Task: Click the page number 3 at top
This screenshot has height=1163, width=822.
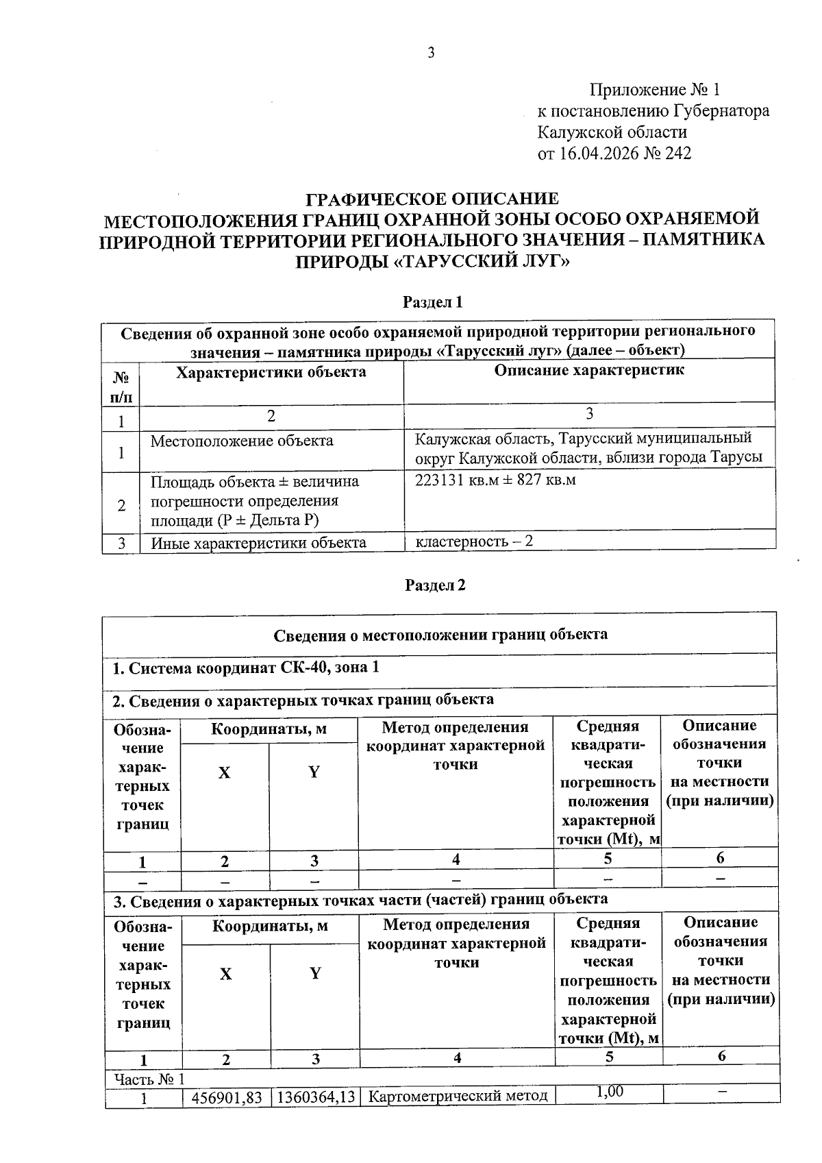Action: [x=430, y=53]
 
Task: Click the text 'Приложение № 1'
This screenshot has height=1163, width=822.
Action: [x=654, y=90]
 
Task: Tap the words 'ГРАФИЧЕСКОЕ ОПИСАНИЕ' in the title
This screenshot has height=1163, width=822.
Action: [x=432, y=199]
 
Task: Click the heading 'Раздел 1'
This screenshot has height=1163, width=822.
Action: [x=433, y=302]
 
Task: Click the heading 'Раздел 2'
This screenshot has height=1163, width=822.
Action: [x=435, y=585]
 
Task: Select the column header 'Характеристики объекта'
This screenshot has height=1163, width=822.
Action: [x=271, y=372]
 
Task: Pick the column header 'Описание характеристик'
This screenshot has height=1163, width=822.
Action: [x=588, y=371]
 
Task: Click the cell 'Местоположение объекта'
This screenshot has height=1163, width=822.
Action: [x=242, y=441]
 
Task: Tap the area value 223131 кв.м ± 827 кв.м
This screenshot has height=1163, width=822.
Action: [x=495, y=480]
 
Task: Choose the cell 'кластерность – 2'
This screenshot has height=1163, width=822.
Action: [x=474, y=541]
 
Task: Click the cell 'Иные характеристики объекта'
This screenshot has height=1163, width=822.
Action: [x=258, y=543]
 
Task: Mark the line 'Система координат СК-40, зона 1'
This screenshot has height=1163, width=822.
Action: [x=245, y=667]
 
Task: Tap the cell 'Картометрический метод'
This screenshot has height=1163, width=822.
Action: [x=458, y=1097]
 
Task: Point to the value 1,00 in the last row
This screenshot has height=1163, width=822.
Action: [x=609, y=1092]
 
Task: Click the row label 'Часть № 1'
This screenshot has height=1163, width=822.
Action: [x=149, y=1079]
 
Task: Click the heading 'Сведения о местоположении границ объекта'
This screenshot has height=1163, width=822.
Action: [x=440, y=634]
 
